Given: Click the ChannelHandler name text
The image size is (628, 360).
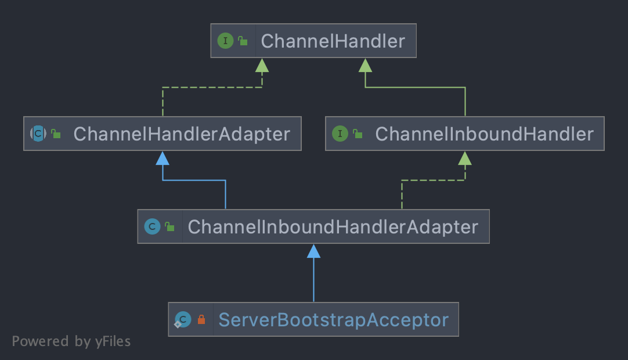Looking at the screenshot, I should (x=333, y=41).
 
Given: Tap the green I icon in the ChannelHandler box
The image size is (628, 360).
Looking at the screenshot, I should (x=225, y=41).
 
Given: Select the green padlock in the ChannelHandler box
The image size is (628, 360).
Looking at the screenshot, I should (x=243, y=41).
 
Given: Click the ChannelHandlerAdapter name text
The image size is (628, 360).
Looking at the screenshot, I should (x=182, y=134).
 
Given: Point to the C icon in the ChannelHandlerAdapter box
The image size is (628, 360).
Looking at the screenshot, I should (x=38, y=134).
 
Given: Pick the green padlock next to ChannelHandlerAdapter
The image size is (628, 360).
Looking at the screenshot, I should (x=56, y=134).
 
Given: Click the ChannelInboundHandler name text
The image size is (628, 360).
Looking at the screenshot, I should (x=484, y=134).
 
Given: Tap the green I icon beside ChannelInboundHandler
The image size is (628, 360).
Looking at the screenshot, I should (x=340, y=134).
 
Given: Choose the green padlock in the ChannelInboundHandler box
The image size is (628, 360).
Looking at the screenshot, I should (x=358, y=134).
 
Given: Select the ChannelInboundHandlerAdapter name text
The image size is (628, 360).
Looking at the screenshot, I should (x=333, y=226).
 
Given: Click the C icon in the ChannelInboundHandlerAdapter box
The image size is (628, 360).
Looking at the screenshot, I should (x=152, y=226).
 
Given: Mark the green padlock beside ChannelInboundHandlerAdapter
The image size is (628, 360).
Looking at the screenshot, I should (x=169, y=226).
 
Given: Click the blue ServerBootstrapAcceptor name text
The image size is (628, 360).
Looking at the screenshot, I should (x=333, y=320).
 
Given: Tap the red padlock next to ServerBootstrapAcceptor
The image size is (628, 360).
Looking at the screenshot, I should (x=201, y=319).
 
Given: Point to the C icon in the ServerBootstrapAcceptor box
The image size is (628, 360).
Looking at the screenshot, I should (x=183, y=319).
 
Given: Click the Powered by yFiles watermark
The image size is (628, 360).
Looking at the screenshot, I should (x=71, y=341).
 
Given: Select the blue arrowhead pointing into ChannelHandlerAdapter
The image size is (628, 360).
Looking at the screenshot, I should (x=163, y=158).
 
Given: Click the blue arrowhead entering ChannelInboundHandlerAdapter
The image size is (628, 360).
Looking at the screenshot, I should (x=313, y=251).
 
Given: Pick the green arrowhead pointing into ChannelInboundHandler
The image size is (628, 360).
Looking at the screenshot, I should (x=465, y=158).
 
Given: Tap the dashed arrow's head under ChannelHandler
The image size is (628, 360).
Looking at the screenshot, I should (x=262, y=65).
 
